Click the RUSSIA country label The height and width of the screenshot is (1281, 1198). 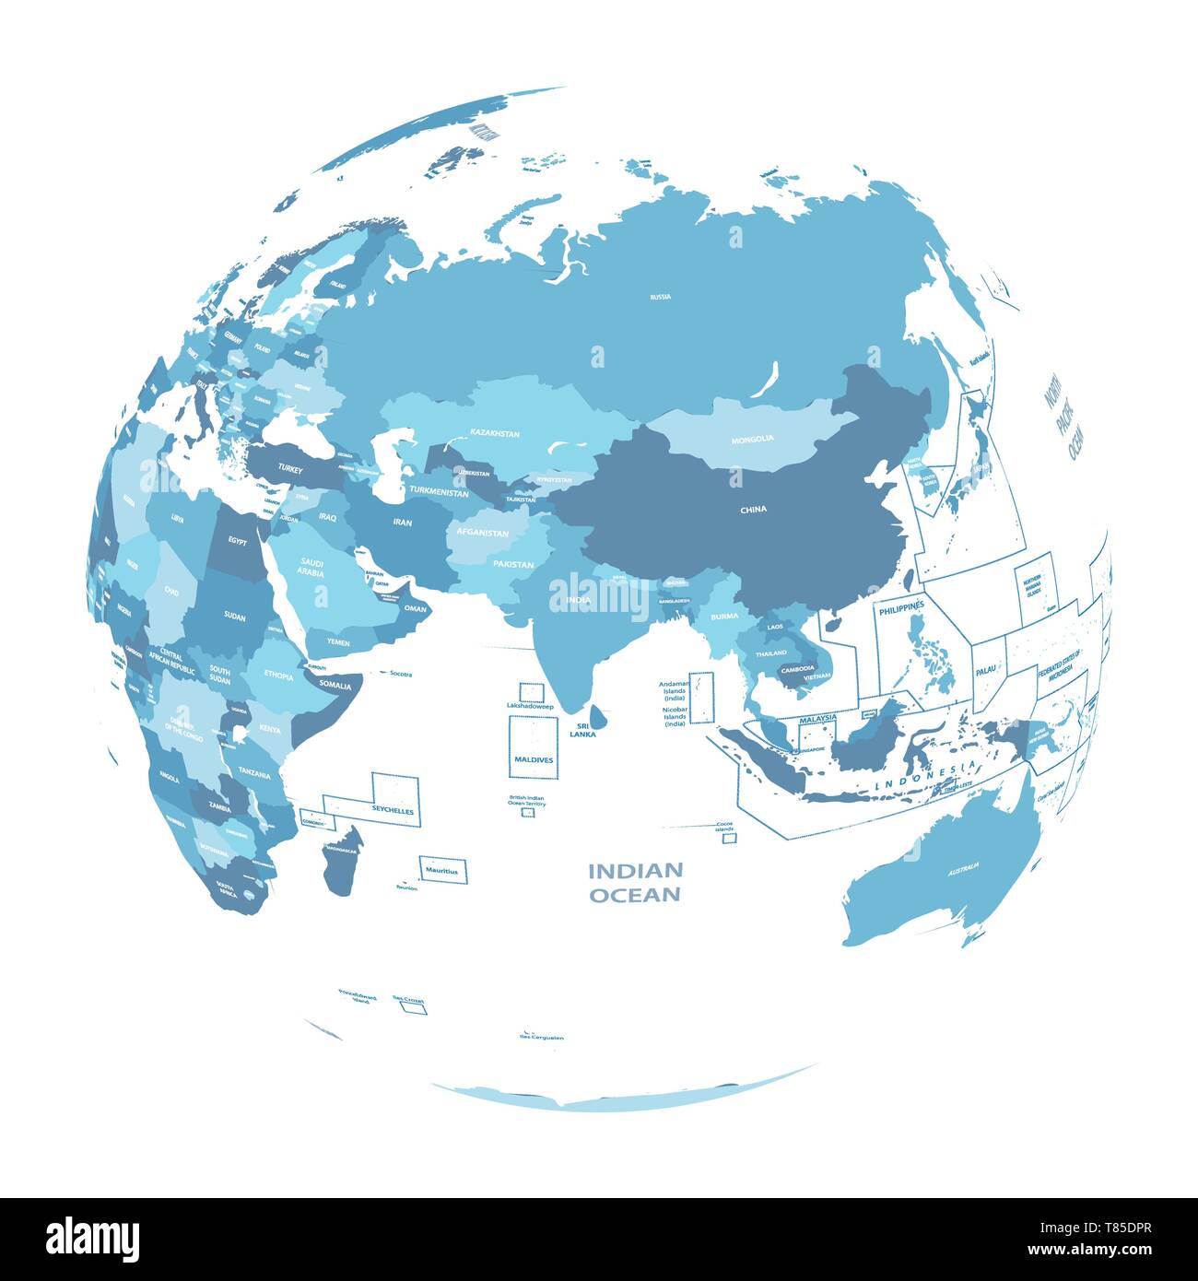660,297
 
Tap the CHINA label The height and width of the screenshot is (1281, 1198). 753,509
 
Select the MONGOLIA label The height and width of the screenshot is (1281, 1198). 752,439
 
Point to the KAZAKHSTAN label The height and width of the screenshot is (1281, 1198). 495,432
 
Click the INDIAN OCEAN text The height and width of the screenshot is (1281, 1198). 636,882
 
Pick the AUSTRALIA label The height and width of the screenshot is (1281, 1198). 963,867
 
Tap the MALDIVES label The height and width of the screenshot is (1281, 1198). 533,759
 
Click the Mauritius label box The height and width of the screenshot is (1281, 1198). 442,869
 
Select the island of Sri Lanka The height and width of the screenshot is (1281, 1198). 596,714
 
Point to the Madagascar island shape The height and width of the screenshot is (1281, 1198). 341,857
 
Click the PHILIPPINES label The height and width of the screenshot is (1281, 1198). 901,611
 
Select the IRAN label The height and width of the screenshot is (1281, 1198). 402,522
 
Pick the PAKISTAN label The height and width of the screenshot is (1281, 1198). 513,563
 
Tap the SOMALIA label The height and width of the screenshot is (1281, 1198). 335,684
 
